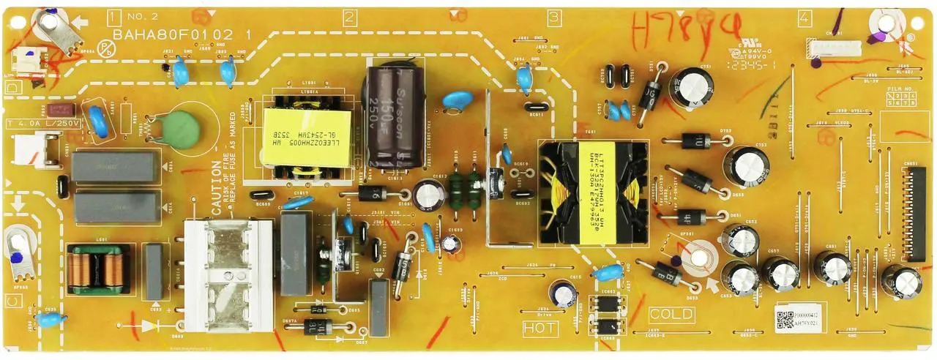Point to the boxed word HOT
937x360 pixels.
(540, 329)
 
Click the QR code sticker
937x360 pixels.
(785, 318)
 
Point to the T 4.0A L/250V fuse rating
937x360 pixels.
(42, 123)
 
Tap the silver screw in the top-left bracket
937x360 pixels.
(50, 23)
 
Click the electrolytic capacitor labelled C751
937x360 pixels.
(690, 87)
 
